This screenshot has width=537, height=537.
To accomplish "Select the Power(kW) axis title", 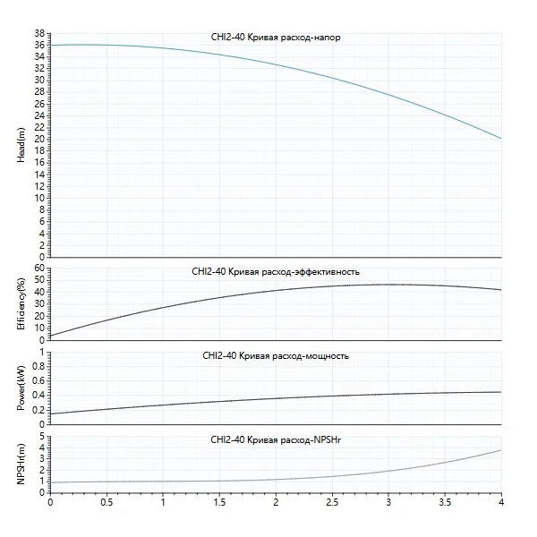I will tap(21, 387).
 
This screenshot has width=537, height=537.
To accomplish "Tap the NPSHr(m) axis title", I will tap(21, 464).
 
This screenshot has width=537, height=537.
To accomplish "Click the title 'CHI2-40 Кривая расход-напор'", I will tap(274, 38).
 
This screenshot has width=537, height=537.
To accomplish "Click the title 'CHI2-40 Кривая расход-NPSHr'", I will tap(275, 440).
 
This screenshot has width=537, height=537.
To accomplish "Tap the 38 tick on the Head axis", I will tap(39, 33).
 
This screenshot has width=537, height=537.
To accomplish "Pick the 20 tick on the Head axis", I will tap(39, 139).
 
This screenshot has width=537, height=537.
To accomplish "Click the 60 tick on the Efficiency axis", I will tap(39, 268).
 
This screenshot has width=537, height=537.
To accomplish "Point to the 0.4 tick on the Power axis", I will tap(38, 395).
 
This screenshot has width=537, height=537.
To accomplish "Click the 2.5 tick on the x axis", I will tap(332, 502).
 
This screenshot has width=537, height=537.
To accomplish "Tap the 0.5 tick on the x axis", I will tap(107, 502).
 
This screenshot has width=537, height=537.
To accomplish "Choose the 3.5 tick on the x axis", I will tap(445, 502).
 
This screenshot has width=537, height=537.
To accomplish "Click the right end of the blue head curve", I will tap(500, 139).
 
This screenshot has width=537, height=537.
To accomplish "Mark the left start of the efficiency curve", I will tap(50, 336).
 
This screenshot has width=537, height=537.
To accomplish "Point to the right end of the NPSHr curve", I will tap(500, 449).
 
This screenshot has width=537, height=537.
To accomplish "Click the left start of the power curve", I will tap(50, 413).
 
